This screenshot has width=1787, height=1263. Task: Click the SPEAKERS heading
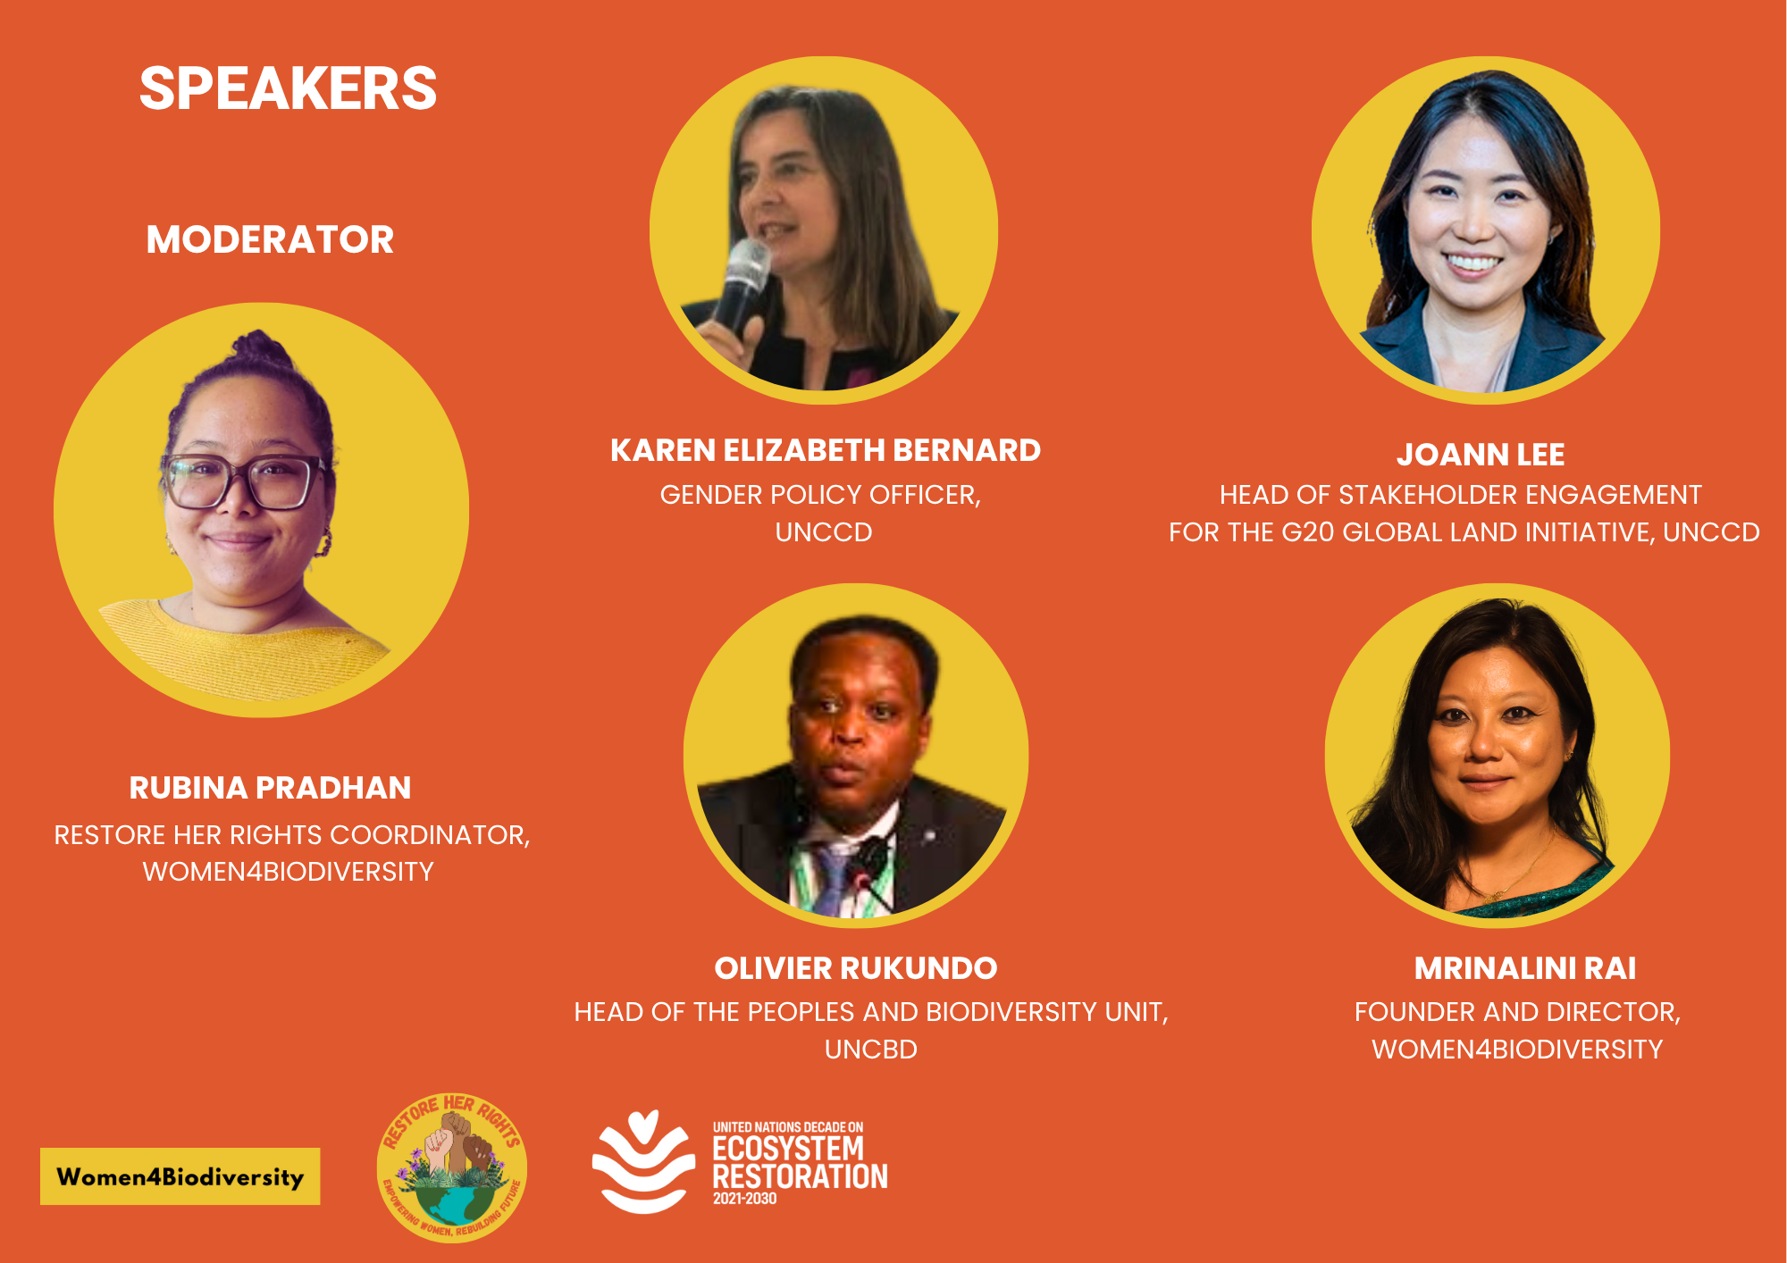tap(288, 88)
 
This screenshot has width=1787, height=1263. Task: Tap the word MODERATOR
tap(270, 239)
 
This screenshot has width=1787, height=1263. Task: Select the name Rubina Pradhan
tap(270, 788)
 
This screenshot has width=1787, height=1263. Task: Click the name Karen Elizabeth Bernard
tap(826, 450)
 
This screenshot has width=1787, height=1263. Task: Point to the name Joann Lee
tap(1481, 455)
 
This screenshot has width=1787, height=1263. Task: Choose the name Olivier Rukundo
tap(856, 968)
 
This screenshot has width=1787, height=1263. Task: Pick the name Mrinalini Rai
tap(1525, 968)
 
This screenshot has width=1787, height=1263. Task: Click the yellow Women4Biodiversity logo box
tap(180, 1176)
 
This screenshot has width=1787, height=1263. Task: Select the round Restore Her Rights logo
tap(451, 1167)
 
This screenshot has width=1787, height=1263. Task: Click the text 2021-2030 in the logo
tap(744, 1199)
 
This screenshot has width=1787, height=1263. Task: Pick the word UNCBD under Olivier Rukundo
tap(871, 1050)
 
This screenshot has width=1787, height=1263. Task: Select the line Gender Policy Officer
tap(820, 495)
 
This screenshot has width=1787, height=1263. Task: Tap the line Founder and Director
tap(1517, 1012)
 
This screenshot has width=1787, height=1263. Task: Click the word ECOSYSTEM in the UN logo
tap(788, 1149)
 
